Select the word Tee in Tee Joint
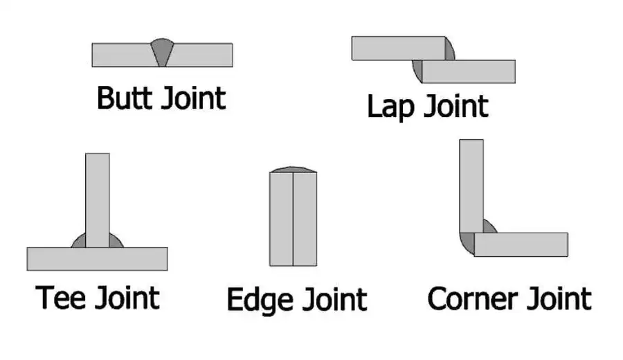coord(61,298)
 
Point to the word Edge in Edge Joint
coord(256,300)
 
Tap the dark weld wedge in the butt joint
coord(162,53)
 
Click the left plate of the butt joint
coord(121,55)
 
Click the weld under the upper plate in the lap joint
coord(417,68)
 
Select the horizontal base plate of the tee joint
coord(97,258)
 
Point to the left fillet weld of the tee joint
coord(80,241)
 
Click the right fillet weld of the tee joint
coord(115,241)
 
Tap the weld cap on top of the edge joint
coord(293,170)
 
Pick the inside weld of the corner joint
coord(487,227)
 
